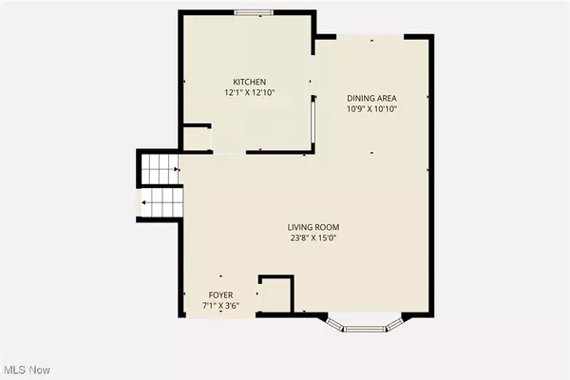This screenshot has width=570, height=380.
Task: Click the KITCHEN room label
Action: (x=251, y=82)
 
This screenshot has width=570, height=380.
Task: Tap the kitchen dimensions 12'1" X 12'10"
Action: (x=251, y=94)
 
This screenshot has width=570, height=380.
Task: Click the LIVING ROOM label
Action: (x=313, y=227)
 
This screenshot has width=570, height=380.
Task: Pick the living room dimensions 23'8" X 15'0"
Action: (x=313, y=239)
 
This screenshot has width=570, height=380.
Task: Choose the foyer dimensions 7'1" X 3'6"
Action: (x=220, y=307)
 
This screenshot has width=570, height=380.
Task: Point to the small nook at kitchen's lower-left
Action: (x=198, y=139)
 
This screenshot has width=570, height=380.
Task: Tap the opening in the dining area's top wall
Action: (x=371, y=38)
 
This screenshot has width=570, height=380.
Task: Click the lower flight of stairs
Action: (x=161, y=202)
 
